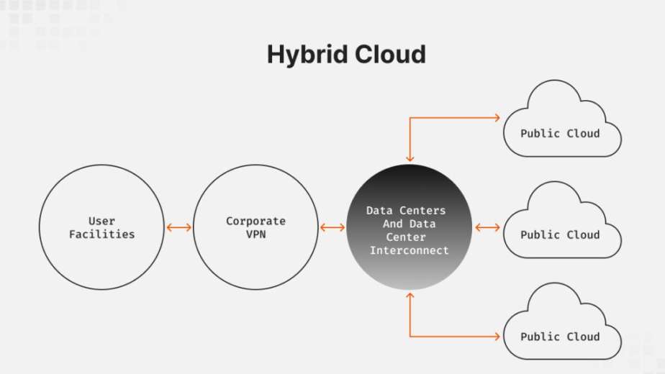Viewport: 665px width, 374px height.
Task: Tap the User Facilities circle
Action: click(x=101, y=227)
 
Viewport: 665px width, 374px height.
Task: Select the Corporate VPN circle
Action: click(x=255, y=227)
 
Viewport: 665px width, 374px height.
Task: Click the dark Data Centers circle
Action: click(x=409, y=227)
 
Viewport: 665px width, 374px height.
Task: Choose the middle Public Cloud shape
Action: click(x=560, y=224)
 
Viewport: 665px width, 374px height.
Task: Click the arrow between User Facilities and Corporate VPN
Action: click(x=178, y=227)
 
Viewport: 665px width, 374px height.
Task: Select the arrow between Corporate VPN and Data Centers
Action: click(x=332, y=227)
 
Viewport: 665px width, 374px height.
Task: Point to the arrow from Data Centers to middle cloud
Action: click(x=487, y=227)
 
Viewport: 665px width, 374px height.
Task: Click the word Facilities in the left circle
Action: click(x=101, y=234)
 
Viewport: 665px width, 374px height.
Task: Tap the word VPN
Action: click(x=255, y=234)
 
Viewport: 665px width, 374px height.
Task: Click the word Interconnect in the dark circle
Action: click(x=409, y=250)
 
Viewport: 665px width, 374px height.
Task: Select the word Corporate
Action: click(x=255, y=221)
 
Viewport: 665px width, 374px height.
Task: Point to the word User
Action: click(x=101, y=221)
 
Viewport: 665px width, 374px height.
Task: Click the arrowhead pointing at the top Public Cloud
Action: click(x=497, y=117)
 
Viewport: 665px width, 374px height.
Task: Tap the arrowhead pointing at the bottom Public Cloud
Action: click(x=497, y=336)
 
